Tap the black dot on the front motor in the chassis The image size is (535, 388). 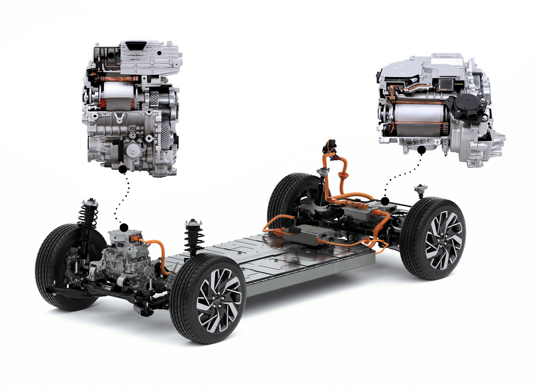click(x=124, y=228)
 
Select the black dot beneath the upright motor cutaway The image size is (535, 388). click(x=123, y=169)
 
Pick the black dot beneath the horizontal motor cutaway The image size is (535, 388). click(x=421, y=150)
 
